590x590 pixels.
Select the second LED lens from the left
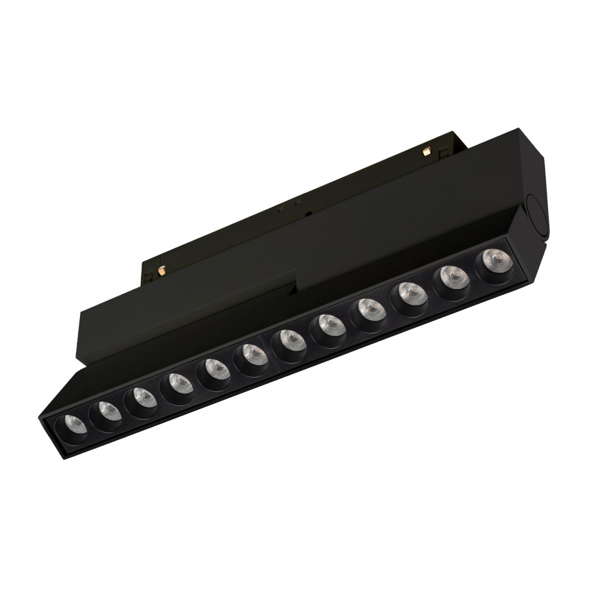[105, 411]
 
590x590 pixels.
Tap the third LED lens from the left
[140, 396]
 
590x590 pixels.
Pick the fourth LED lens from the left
[176, 381]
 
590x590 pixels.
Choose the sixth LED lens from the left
[250, 354]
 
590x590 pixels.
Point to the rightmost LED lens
[492, 259]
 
